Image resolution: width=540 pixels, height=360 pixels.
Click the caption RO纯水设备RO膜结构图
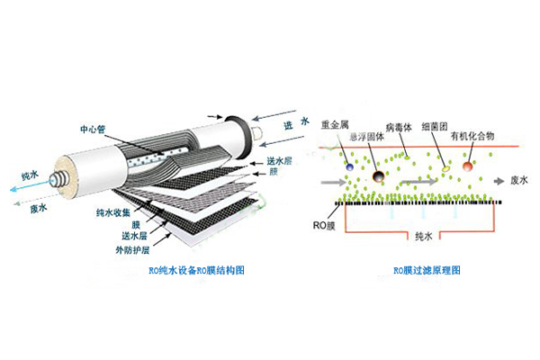[x=196, y=270]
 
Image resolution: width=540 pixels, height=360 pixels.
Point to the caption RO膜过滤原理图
[x=425, y=269]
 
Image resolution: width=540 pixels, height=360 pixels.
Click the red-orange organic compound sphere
[x=468, y=166]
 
